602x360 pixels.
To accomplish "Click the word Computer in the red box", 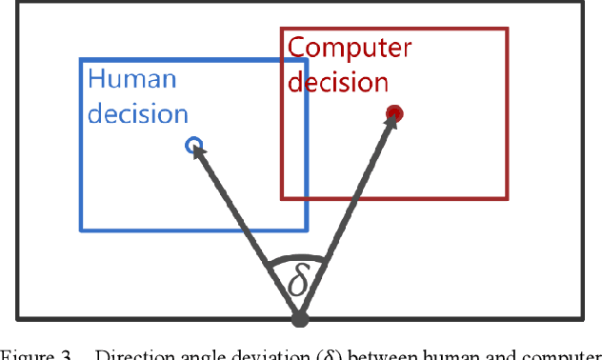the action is click(349, 49).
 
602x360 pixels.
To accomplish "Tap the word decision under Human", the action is click(137, 113).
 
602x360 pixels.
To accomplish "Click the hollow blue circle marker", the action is click(193, 146).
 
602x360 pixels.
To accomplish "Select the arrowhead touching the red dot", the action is click(389, 127).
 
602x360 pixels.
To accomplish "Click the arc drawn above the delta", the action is click(297, 257).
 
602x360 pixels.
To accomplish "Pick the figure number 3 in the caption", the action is click(67, 355).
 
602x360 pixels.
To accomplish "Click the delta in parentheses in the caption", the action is click(324, 355).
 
